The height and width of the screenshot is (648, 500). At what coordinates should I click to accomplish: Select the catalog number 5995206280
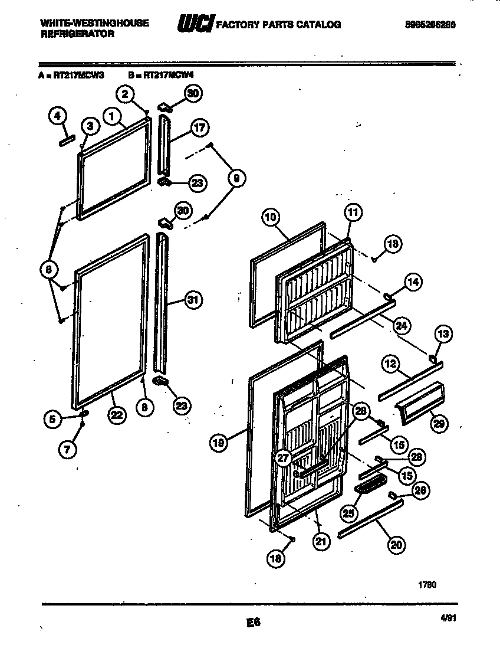click(430, 25)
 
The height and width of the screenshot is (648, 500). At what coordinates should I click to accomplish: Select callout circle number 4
click(57, 116)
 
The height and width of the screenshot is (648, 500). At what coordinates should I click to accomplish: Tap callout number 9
click(235, 178)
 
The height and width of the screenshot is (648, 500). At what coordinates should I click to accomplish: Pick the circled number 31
click(191, 300)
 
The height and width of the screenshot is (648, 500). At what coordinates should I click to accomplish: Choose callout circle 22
click(117, 415)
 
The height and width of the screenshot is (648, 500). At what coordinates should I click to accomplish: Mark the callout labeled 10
click(270, 217)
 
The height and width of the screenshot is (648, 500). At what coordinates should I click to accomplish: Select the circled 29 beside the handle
click(439, 423)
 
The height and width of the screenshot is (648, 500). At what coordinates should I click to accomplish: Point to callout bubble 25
click(348, 513)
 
